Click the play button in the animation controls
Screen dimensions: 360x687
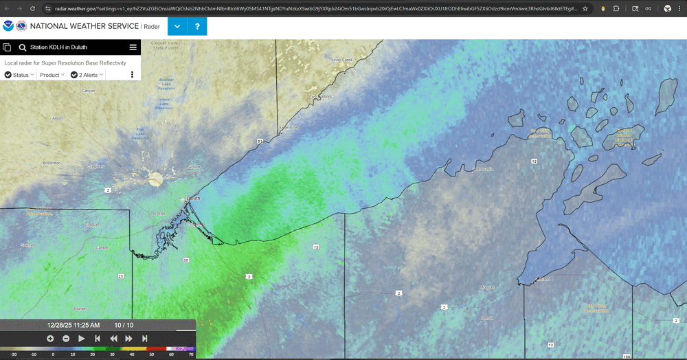[82, 338]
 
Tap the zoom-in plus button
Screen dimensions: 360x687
[50, 338]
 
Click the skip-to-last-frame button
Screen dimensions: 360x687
[144, 338]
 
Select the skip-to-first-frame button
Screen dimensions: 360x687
[98, 338]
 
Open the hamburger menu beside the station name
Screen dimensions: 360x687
[133, 47]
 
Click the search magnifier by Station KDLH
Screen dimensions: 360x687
[23, 47]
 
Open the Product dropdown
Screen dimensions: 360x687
[52, 74]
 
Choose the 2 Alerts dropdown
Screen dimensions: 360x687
[87, 74]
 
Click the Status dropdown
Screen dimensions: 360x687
[19, 74]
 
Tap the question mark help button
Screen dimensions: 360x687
[197, 27]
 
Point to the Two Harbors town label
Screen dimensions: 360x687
[320, 96]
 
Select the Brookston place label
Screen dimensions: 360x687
[52, 163]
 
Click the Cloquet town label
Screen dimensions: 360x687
[91, 225]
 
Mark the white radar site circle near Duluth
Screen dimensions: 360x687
[156, 179]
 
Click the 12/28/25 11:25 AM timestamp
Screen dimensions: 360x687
[74, 325]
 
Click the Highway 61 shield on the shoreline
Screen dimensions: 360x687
[260, 141]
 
